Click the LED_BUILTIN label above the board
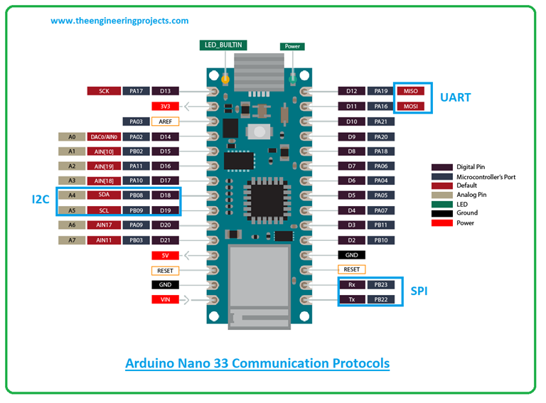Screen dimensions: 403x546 coord(223,45)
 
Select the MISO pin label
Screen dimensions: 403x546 coord(411,91)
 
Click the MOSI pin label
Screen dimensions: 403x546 coord(411,107)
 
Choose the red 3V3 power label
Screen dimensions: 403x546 coord(165,107)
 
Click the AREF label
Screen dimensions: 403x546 coord(165,122)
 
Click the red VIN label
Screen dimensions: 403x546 coord(165,300)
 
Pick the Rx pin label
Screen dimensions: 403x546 coord(351,284)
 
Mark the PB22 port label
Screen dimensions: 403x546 coord(381,299)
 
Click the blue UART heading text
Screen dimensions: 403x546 coord(455,97)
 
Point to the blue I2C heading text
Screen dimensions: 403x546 coord(41,200)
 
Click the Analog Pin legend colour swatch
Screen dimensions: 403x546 coord(441,194)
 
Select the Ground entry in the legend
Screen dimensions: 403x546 coord(466,213)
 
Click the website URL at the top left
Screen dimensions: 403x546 coord(119,21)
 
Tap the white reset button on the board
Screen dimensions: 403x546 coord(260,132)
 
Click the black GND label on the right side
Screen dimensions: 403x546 coord(351,254)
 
